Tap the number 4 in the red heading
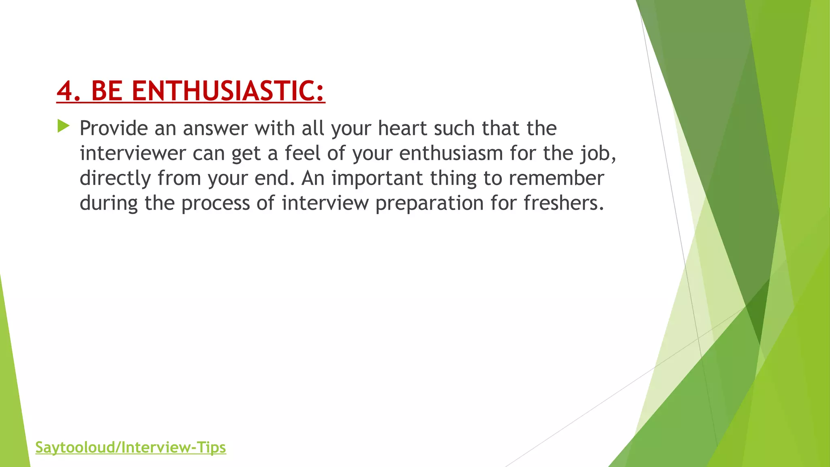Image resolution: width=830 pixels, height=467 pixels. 65,90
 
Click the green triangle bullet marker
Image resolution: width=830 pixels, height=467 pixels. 63,126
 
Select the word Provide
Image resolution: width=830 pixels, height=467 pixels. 114,129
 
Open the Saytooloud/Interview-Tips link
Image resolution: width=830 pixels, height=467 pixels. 130,448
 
